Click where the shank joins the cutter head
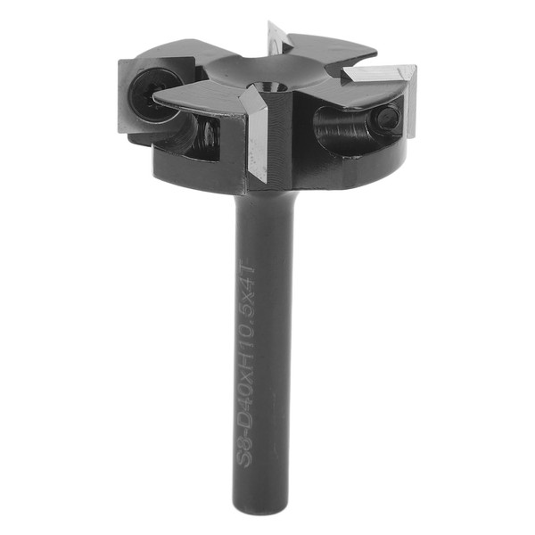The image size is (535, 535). point(264,196)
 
